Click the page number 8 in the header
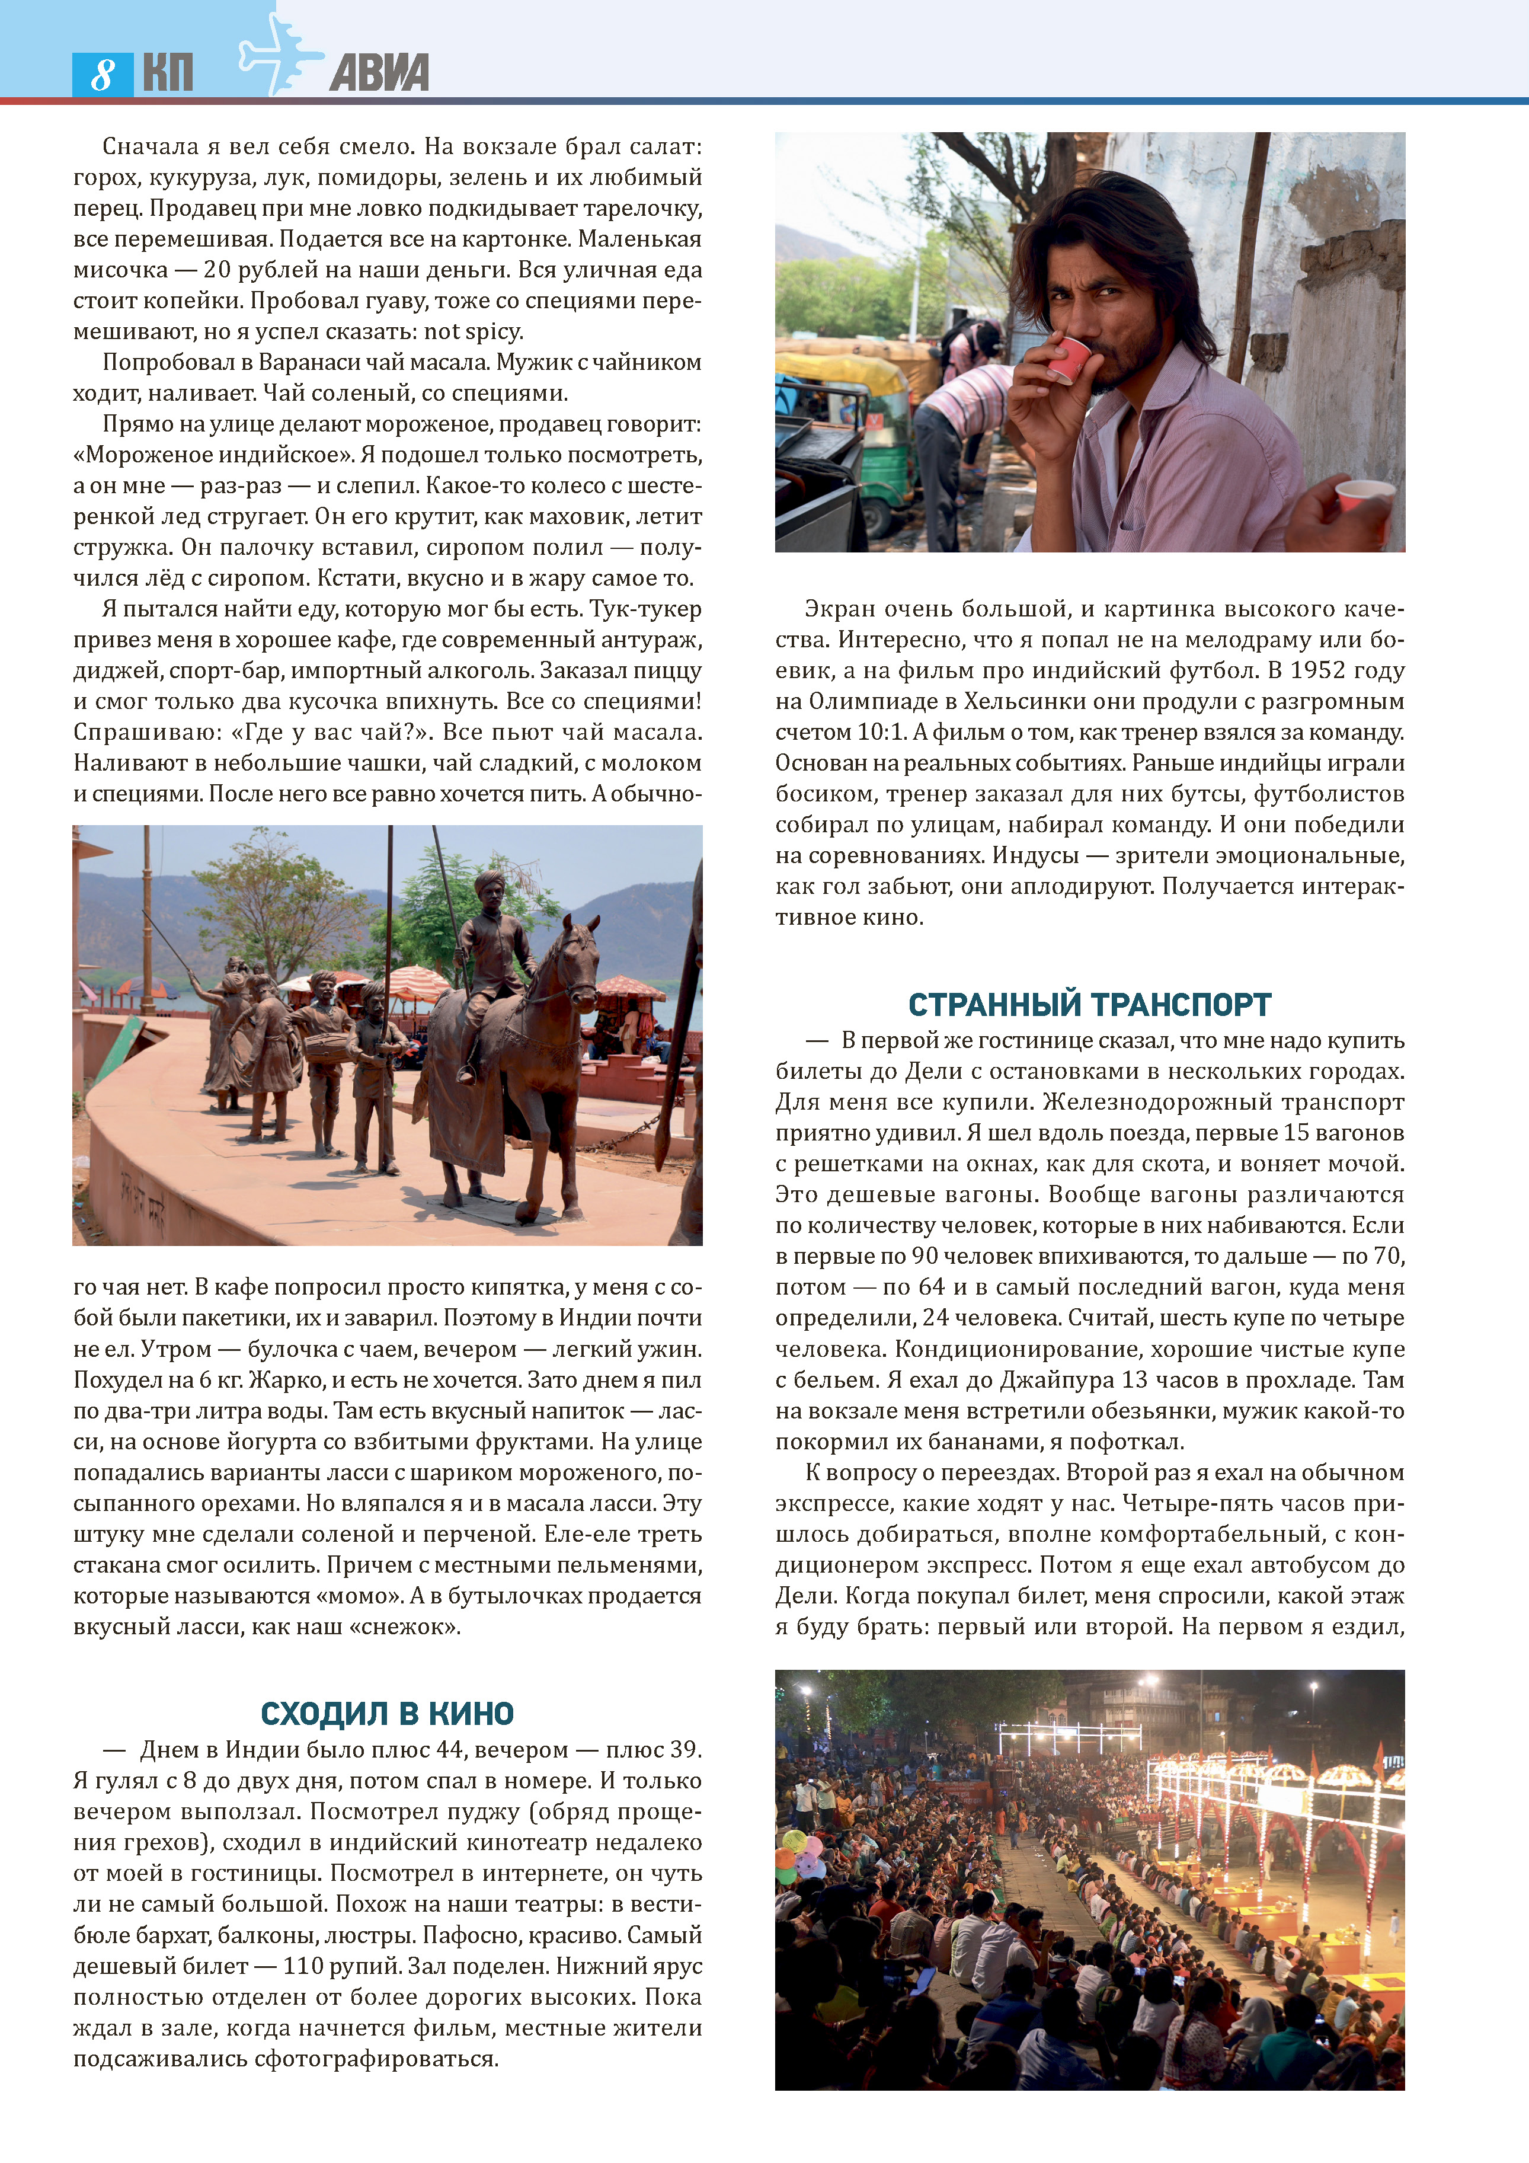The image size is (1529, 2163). tap(102, 74)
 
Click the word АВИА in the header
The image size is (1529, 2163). tap(379, 72)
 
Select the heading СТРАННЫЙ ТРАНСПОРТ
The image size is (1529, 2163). tap(1089, 1004)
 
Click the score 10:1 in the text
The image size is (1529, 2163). tap(881, 732)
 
